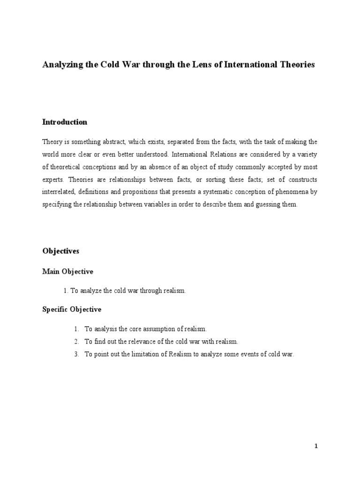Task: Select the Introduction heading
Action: pos(65,122)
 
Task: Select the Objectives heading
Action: pos(61,251)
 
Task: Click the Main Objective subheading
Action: pos(68,271)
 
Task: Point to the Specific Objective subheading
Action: pos(72,310)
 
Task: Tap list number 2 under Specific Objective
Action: pos(76,342)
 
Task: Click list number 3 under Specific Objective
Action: pos(76,354)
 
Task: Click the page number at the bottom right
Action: pos(316,446)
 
